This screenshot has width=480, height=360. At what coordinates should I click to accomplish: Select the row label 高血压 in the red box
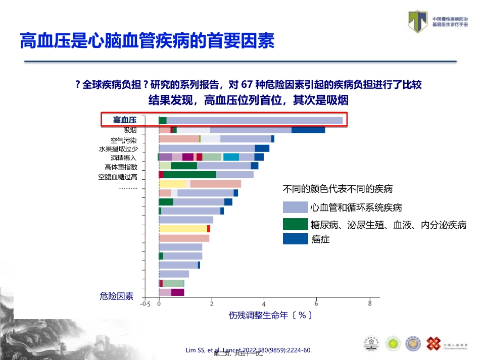pyautogui.click(x=125, y=120)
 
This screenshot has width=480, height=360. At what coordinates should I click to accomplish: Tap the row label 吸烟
pyautogui.click(x=130, y=130)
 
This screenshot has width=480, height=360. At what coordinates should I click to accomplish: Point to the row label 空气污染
pyautogui.click(x=124, y=140)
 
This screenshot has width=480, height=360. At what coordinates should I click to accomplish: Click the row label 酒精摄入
pyautogui.click(x=124, y=158)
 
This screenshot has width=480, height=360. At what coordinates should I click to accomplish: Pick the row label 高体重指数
pyautogui.click(x=121, y=167)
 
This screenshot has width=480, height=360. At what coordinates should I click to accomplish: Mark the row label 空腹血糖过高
pyautogui.click(x=118, y=177)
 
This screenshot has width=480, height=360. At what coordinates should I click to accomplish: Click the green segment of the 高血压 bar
pyautogui.click(x=162, y=120)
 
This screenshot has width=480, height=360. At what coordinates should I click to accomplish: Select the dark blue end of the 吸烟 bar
pyautogui.click(x=308, y=130)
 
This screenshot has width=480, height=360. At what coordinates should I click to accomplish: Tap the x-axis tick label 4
pyautogui.click(x=264, y=304)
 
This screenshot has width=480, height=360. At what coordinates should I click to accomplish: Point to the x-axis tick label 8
pyautogui.click(x=370, y=304)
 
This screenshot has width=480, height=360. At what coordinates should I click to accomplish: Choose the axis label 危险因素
pyautogui.click(x=117, y=296)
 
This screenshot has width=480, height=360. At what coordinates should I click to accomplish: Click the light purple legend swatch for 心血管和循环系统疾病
pyautogui.click(x=295, y=207)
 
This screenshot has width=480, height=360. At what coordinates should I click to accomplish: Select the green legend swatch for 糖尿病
pyautogui.click(x=295, y=224)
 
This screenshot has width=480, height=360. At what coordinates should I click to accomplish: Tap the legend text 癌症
pyautogui.click(x=320, y=239)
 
